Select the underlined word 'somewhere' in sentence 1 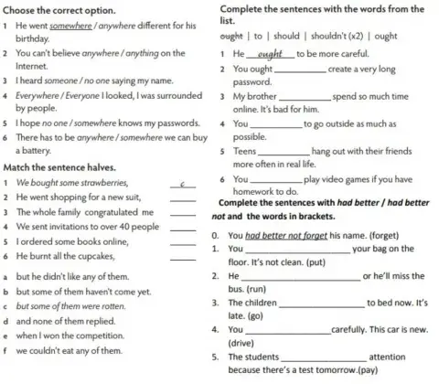pyautogui.click(x=74, y=26)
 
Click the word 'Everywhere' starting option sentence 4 pyautogui.click(x=41, y=95)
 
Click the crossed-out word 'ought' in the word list pyautogui.click(x=231, y=37)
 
